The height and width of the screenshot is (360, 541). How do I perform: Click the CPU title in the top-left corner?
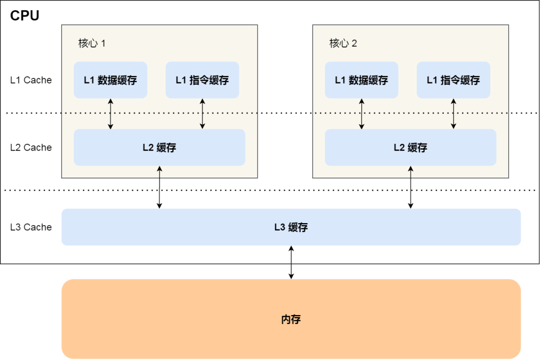[x=25, y=16]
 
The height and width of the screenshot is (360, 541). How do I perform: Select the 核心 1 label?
[x=92, y=43]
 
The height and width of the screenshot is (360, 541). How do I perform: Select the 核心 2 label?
[x=343, y=43]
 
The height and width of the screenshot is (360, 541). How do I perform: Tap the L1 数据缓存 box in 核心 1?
[x=110, y=80]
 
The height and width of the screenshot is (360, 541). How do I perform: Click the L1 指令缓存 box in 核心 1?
[x=202, y=80]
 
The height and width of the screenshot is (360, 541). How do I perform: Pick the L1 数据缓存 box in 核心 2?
[x=361, y=80]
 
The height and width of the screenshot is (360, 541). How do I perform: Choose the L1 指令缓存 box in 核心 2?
[x=453, y=80]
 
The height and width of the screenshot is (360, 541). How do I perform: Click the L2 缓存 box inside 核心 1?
[x=159, y=147]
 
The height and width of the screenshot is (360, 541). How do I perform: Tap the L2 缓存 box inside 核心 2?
[x=411, y=147]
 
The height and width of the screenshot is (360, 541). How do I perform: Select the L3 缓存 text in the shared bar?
[x=291, y=227]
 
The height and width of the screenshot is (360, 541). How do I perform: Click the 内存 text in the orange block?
[x=291, y=319]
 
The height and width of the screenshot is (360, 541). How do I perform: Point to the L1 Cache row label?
[x=31, y=80]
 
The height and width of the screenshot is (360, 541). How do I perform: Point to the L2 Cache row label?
[x=31, y=147]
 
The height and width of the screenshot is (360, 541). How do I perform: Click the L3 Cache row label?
[x=31, y=227]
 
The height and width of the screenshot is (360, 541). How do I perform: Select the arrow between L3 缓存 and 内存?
[x=291, y=262]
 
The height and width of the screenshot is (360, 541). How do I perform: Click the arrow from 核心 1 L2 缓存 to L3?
[x=160, y=187]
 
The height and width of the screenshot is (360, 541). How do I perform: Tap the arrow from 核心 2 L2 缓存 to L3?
[x=411, y=187]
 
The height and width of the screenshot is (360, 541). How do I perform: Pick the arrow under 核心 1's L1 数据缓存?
[x=110, y=114]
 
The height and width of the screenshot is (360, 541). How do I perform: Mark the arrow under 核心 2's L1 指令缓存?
[x=453, y=114]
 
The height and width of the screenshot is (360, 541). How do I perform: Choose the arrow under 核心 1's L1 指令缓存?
[x=202, y=114]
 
